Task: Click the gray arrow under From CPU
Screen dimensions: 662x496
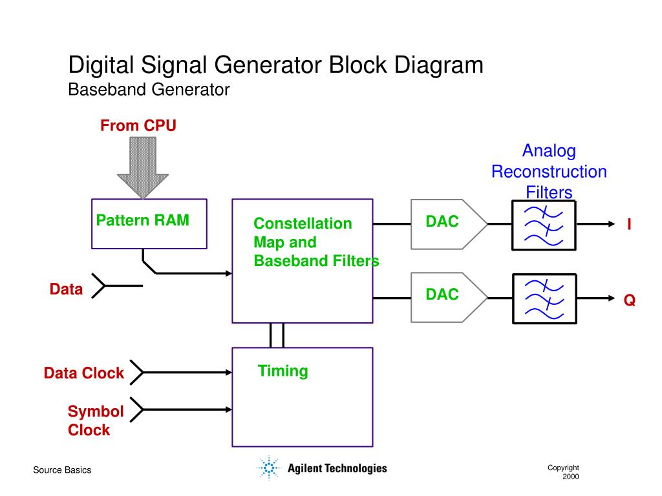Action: (x=143, y=167)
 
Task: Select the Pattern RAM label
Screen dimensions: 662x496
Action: (x=143, y=220)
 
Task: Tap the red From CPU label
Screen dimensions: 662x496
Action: (x=138, y=126)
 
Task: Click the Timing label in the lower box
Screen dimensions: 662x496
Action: (x=283, y=371)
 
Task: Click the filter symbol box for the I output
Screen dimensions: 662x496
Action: (x=544, y=225)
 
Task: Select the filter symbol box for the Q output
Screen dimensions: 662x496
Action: (x=544, y=298)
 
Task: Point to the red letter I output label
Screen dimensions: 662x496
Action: (x=629, y=224)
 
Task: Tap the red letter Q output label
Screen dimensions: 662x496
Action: (x=630, y=300)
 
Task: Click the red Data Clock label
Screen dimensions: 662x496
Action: (x=83, y=373)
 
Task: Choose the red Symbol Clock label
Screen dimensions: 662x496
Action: (x=96, y=420)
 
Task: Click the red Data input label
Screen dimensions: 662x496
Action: (x=67, y=289)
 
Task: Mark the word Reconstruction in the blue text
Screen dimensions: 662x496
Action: (x=549, y=172)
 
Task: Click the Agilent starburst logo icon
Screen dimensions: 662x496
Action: (x=269, y=468)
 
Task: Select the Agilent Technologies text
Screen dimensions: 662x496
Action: (x=337, y=468)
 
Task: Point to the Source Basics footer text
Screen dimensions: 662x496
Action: (x=62, y=470)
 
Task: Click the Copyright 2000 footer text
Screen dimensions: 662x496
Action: (x=564, y=472)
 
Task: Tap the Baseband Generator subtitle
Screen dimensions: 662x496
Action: (x=149, y=89)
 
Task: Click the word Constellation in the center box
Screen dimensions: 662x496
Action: (x=303, y=223)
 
